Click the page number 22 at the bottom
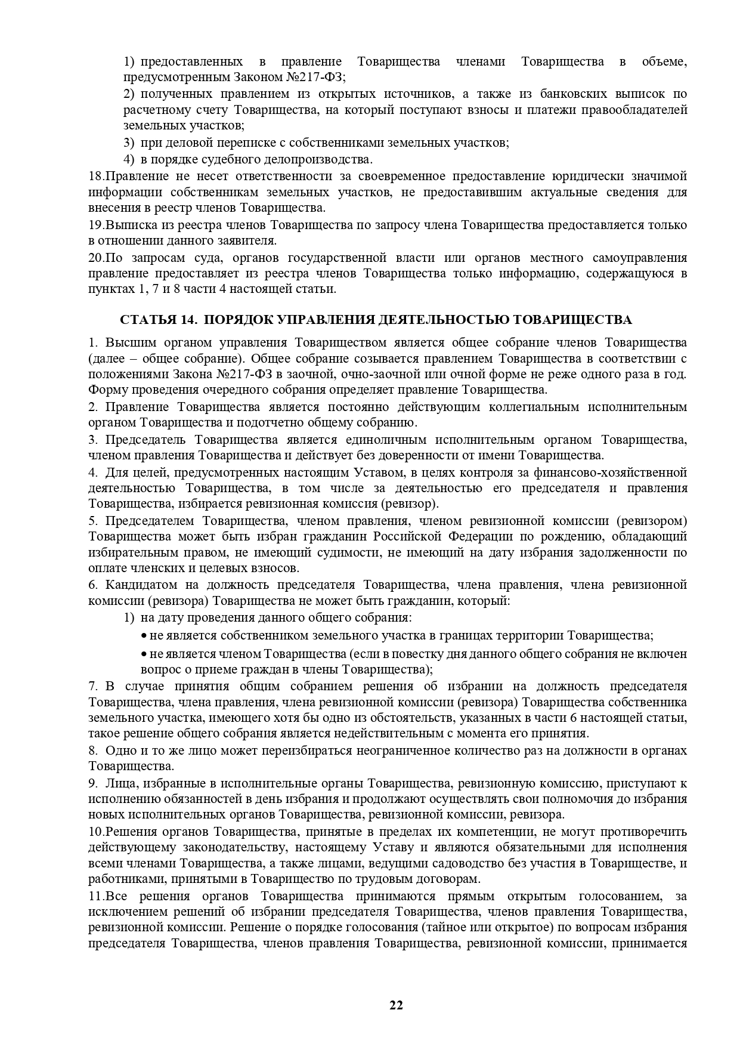pyautogui.click(x=396, y=1005)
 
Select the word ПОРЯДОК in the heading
pyautogui.click(x=239, y=320)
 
